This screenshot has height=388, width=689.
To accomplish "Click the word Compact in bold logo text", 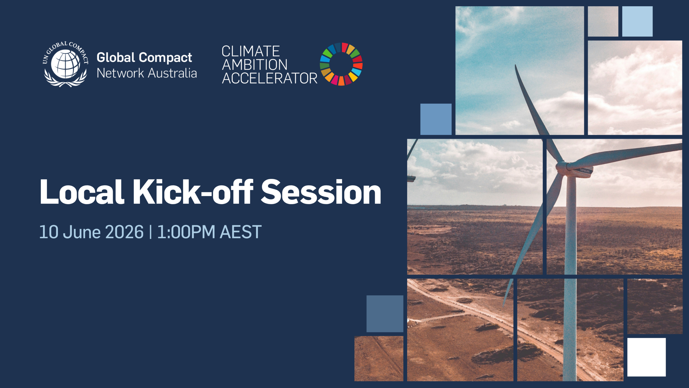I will (x=165, y=57).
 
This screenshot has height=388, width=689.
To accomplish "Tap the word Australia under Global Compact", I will (x=172, y=73).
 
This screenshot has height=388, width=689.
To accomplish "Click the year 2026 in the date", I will (x=124, y=232).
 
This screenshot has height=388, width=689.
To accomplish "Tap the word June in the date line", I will (x=82, y=232).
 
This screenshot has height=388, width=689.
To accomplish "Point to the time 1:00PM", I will (x=186, y=232).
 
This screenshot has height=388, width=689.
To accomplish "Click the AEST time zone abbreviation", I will (x=240, y=232).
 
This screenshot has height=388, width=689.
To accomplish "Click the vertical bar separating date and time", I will (x=150, y=232).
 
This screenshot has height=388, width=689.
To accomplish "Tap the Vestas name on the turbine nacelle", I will (x=585, y=171).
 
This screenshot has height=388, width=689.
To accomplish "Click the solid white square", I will (x=646, y=357).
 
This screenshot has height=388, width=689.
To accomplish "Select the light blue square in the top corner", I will (x=637, y=21).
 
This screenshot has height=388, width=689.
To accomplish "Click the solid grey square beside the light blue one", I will (x=603, y=21).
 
